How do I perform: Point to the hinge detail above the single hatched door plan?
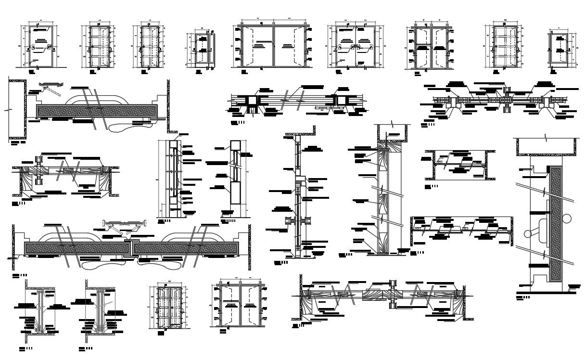[x=51, y=86]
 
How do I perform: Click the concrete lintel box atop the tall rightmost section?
[x=546, y=147]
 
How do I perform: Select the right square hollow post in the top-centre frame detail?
[x=343, y=101]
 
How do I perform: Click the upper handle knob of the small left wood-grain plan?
[x=38, y=160]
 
